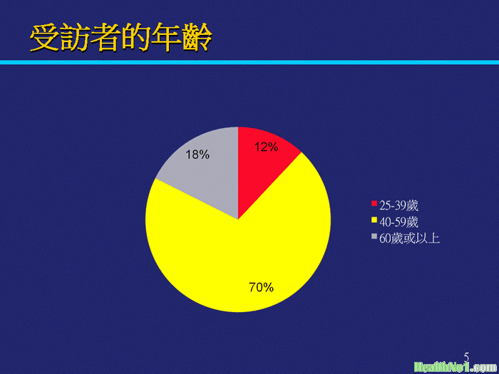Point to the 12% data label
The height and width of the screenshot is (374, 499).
[267, 147]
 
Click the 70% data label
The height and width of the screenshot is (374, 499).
[262, 288]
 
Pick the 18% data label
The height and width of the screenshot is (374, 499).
[197, 155]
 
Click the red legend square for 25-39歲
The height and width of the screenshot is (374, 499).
[374, 203]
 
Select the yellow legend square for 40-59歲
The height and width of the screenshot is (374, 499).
[374, 219]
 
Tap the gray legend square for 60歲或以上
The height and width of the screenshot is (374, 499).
[374, 236]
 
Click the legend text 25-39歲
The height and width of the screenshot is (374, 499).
[398, 206]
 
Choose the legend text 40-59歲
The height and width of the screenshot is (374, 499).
[398, 222]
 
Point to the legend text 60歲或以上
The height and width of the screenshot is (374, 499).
[410, 239]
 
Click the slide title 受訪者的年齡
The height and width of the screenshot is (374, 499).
[121, 38]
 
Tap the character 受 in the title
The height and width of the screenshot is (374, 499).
[45, 38]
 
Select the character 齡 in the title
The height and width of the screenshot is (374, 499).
[197, 38]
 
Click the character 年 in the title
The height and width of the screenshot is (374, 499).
[167, 38]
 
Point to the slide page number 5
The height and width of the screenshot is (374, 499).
[466, 357]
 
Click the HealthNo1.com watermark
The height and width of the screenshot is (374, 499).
[456, 368]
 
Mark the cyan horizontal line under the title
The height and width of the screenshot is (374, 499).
[249, 63]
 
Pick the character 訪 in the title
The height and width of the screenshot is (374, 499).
[75, 38]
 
